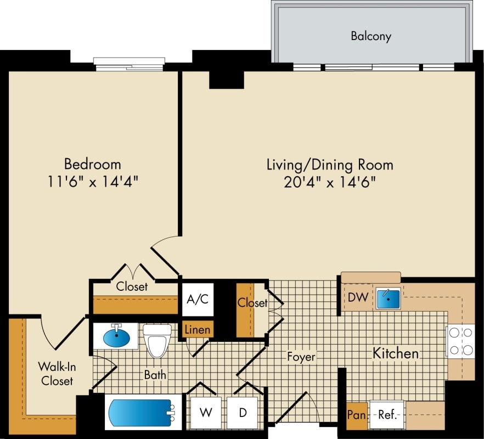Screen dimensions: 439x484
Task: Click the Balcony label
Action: click(x=371, y=37)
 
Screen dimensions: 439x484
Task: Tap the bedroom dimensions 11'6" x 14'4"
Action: click(x=93, y=182)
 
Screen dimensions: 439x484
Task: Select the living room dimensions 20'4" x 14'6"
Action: click(x=330, y=182)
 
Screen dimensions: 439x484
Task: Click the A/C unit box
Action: click(x=198, y=300)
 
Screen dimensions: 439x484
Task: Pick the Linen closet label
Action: click(x=197, y=330)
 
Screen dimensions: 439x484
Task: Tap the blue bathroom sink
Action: click(x=116, y=336)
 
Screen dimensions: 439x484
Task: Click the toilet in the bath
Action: click(x=157, y=340)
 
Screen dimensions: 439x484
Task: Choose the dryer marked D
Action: click(x=243, y=412)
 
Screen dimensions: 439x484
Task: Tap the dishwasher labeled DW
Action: click(x=358, y=297)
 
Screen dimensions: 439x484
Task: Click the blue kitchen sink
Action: click(x=387, y=297)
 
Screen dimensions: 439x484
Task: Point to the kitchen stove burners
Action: click(x=461, y=341)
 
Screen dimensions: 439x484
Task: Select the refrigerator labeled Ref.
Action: click(x=387, y=414)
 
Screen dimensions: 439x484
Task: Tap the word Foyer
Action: click(x=301, y=357)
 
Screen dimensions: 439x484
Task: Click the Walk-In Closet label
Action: click(x=55, y=373)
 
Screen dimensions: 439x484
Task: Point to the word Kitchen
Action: click(x=396, y=353)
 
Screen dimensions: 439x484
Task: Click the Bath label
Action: click(x=155, y=375)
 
